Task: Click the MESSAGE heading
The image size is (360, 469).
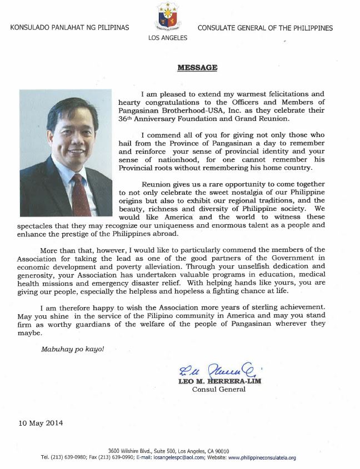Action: pos(189,68)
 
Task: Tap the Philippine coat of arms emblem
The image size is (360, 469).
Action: pos(167,17)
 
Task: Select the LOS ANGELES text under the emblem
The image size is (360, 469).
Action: pos(167,38)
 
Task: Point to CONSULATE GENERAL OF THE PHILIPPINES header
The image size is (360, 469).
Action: pos(265,28)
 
